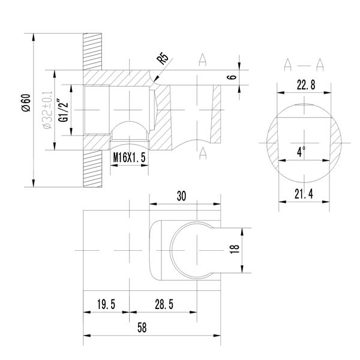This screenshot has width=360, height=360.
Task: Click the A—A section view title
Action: tap(304, 64)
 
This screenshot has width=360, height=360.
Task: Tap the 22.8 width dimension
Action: tap(304, 85)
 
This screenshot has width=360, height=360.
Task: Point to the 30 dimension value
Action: tap(182, 196)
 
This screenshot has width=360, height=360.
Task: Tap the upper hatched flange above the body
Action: tap(93, 50)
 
